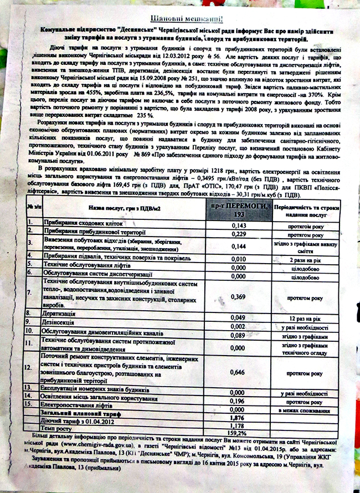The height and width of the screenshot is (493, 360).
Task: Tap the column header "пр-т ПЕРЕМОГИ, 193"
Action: [238, 209]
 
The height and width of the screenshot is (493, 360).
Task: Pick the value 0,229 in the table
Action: [238, 234]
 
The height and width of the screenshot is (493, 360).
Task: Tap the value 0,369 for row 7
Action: [238, 297]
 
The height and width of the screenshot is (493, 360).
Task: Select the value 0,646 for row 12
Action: [238, 373]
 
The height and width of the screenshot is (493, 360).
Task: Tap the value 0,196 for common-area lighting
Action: [238, 400]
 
